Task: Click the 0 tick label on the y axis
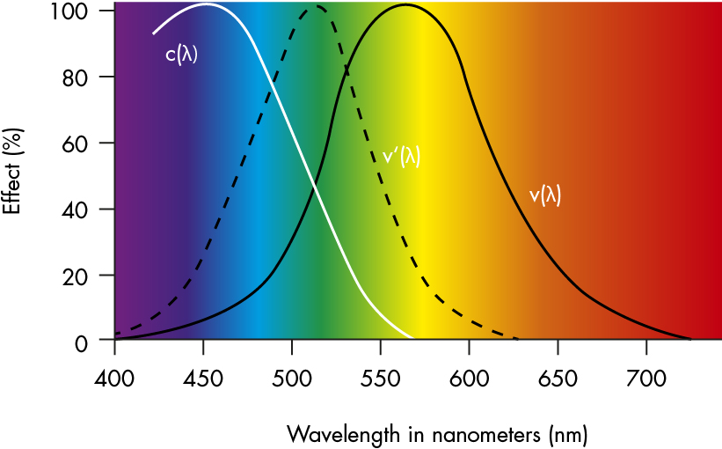pos(82,342)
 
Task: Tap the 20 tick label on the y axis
pos(77,276)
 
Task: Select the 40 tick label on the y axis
pos(77,210)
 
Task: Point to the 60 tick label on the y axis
pos(77,143)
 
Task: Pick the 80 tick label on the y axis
pos(77,77)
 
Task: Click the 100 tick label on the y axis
pos(72,11)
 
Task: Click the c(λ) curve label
pos(182,55)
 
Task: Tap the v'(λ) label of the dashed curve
pos(401,156)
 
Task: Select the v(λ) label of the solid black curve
pos(544,195)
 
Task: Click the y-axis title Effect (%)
pos(11,172)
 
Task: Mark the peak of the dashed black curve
pos(318,7)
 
